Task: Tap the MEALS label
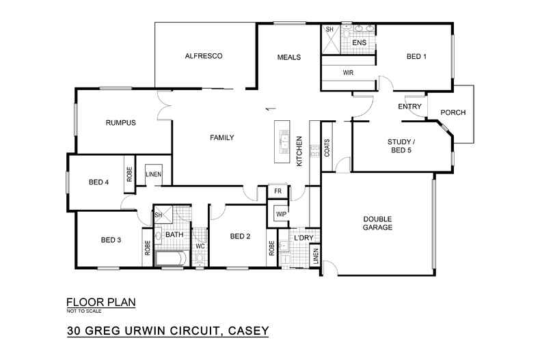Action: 289,57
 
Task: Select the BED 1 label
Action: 416,57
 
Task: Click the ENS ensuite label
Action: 359,43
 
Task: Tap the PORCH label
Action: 453,112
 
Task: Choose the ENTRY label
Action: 409,106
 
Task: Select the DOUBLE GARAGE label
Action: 377,223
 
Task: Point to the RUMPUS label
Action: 121,123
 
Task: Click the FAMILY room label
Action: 221,137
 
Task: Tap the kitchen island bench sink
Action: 282,142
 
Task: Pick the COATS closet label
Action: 327,148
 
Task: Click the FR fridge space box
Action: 278,192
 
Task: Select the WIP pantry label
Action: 281,214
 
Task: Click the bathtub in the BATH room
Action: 171,258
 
